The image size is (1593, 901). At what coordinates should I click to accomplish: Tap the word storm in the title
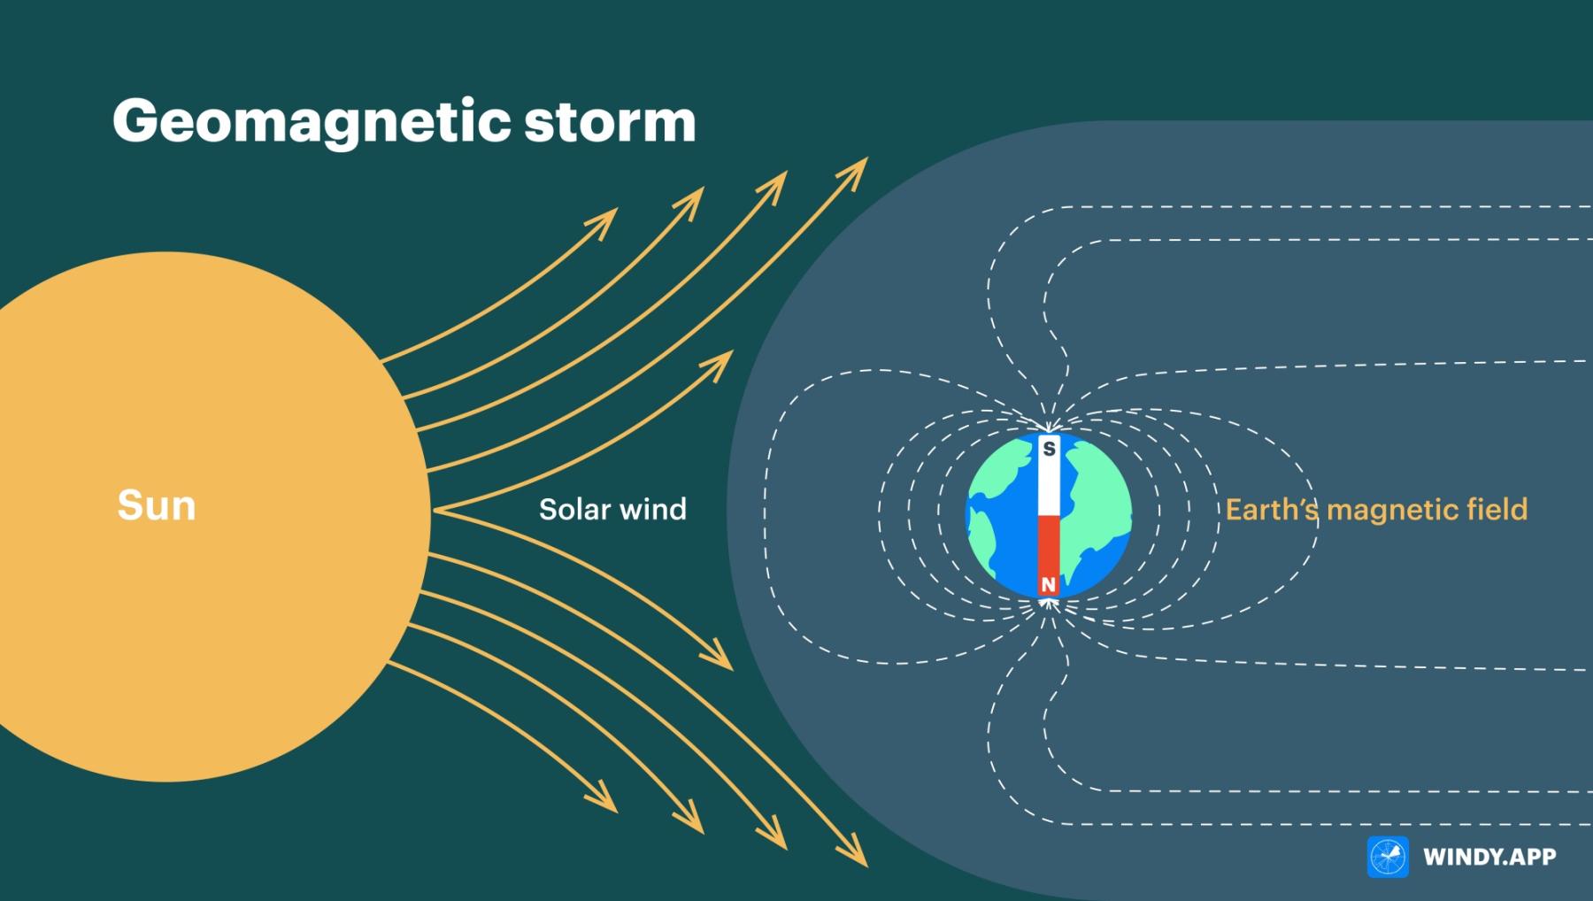tap(610, 121)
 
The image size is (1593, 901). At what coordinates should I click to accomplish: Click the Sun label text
tap(157, 505)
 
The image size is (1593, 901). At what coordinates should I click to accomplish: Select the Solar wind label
tap(612, 509)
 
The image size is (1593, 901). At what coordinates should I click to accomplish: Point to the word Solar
tap(575, 509)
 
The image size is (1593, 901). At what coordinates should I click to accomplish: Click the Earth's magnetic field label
tap(1376, 510)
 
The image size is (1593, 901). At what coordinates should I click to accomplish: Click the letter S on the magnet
tap(1049, 449)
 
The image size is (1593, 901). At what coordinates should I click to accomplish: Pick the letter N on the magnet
tap(1049, 585)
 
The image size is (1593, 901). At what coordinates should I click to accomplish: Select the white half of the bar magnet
tap(1049, 476)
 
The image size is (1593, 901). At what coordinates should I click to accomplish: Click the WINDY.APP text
tap(1489, 857)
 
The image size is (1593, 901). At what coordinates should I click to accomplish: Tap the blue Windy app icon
tap(1388, 857)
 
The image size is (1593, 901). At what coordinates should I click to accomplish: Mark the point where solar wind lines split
tap(434, 511)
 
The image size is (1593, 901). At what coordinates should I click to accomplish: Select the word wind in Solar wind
tap(654, 509)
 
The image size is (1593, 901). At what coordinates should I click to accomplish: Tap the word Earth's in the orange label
tap(1272, 509)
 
